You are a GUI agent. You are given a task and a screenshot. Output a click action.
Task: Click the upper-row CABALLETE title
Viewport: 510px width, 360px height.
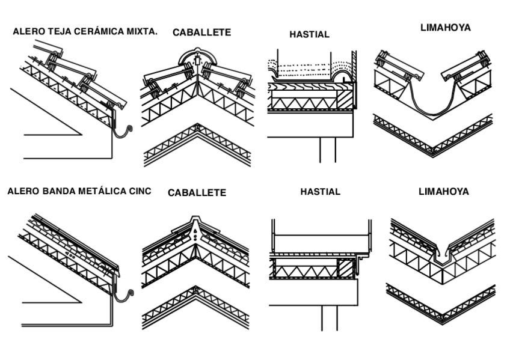[201, 32]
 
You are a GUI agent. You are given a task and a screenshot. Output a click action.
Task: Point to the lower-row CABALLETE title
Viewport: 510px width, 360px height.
[197, 193]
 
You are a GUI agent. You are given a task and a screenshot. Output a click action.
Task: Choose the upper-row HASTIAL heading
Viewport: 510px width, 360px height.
[309, 34]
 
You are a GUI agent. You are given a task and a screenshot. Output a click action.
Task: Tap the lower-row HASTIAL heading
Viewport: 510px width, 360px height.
[320, 192]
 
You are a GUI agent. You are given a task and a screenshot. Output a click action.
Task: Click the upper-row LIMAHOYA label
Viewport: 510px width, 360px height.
[445, 28]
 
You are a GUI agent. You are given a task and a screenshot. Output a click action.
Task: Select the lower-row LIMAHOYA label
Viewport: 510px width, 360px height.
[443, 192]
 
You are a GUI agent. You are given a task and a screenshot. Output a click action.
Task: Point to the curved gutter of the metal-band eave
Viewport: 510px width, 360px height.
[125, 294]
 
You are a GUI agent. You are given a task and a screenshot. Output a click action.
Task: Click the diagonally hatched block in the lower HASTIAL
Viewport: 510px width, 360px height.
[345, 268]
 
